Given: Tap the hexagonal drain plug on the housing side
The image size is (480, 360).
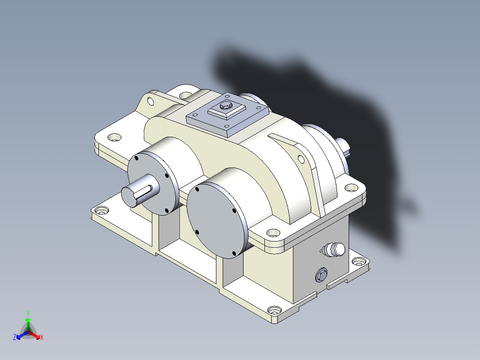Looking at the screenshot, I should pyautogui.click(x=321, y=276).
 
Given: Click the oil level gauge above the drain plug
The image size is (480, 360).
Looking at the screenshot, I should pyautogui.click(x=334, y=250).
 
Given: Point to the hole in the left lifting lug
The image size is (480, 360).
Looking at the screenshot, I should pyautogui.click(x=151, y=100).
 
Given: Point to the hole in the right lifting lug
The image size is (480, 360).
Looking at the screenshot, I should pyautogui.click(x=301, y=159).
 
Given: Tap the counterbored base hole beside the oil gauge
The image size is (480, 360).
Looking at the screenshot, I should pyautogui.click(x=358, y=262).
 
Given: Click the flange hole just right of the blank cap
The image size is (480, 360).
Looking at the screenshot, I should pyautogui.click(x=272, y=232).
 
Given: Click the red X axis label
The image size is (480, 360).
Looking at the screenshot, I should pyautogui.click(x=42, y=338).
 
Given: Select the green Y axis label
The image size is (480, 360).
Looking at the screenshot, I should pyautogui.click(x=28, y=313).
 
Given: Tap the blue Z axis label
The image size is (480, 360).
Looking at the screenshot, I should pyautogui.click(x=15, y=338).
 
